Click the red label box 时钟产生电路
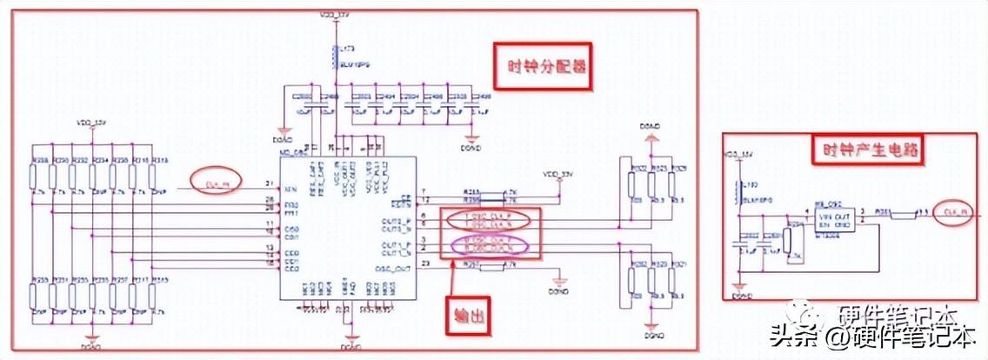867,150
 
